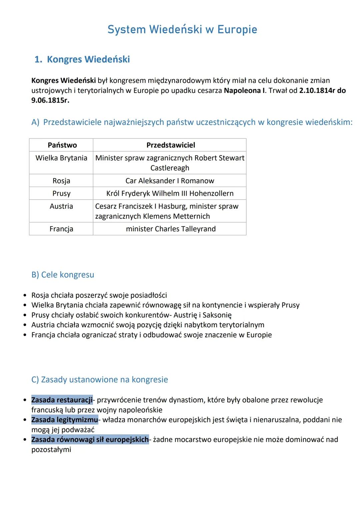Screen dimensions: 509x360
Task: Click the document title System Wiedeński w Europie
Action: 182,30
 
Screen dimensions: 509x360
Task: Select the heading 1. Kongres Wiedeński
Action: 82,59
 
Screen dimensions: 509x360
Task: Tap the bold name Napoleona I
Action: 244,90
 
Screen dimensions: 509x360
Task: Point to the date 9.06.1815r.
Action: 50,100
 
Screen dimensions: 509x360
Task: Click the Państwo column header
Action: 62,145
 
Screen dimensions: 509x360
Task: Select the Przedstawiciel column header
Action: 171,145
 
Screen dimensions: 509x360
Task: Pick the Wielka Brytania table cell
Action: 61,158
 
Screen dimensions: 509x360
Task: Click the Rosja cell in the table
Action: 61,181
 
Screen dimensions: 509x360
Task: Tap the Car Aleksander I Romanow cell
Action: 170,181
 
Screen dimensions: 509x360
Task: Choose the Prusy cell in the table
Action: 61,193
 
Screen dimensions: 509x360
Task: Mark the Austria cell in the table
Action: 61,206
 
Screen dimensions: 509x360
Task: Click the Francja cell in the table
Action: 61,229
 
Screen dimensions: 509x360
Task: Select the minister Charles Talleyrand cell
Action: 171,229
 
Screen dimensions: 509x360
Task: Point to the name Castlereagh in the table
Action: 170,168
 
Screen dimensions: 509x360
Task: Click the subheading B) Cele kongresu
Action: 63,275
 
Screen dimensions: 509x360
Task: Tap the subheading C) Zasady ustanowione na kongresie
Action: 99,380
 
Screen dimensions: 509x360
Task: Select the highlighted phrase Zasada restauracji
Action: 62,400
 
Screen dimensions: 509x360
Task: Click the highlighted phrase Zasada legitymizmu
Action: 65,420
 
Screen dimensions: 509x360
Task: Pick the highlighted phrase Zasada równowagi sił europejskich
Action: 90,440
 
